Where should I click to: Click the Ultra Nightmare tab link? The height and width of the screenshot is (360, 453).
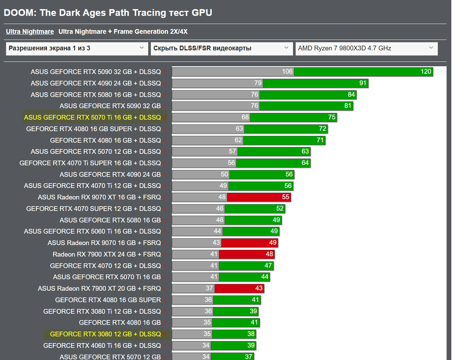click(30, 31)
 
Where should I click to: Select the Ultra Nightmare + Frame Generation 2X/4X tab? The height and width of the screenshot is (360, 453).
click(123, 31)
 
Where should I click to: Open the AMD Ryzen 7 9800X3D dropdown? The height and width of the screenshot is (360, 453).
click(366, 48)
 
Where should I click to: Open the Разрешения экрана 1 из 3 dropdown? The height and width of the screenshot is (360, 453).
click(77, 48)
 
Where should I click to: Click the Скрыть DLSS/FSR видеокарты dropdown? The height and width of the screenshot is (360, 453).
click(221, 48)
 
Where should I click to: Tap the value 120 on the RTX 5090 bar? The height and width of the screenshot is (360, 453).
click(426, 71)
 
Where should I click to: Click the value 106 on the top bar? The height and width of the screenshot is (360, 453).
click(287, 71)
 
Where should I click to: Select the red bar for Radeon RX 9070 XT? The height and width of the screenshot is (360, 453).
click(259, 197)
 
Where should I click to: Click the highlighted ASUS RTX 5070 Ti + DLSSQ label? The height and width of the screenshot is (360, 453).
click(92, 117)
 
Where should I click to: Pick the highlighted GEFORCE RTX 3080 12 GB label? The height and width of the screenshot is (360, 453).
click(105, 334)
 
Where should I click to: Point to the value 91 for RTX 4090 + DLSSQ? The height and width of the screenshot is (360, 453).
click(363, 83)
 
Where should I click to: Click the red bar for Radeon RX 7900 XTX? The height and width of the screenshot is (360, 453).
click(247, 254)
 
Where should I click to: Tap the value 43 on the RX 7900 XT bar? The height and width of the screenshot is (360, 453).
click(259, 288)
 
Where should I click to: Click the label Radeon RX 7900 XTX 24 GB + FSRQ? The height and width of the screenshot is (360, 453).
click(107, 254)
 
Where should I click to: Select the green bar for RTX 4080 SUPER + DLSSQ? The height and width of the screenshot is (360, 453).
click(286, 129)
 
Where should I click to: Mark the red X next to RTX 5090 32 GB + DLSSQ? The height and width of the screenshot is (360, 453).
click(165, 72)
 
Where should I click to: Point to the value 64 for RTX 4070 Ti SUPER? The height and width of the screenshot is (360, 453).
click(305, 163)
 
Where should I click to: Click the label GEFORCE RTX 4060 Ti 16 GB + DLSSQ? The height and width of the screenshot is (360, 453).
click(102, 345)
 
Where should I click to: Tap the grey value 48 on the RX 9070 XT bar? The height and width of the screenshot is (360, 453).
click(222, 197)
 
